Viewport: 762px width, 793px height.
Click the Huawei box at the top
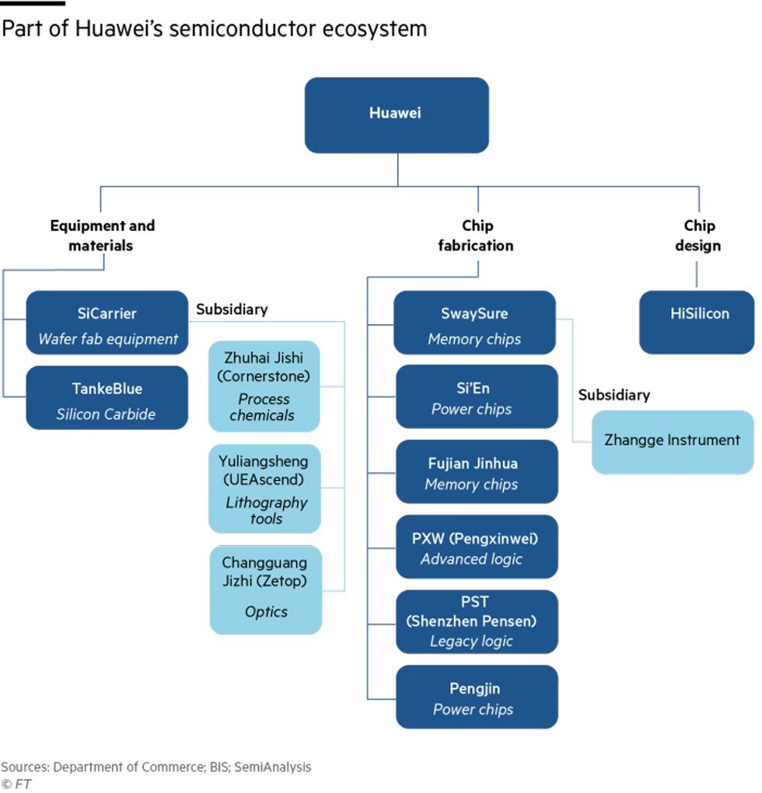coord(396,114)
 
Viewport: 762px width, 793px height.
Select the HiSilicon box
coord(696,322)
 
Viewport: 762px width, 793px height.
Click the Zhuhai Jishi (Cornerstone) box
coord(264,386)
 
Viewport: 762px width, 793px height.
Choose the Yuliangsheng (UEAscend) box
coord(264,489)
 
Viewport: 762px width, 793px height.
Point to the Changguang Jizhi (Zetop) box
coord(265,589)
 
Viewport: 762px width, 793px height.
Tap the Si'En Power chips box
coord(476,396)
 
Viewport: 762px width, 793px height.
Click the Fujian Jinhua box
coord(476,472)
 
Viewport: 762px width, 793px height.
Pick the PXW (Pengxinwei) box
coord(476,547)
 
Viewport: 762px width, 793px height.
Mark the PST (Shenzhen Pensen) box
coord(476,621)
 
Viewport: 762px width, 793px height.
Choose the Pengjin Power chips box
coord(476,697)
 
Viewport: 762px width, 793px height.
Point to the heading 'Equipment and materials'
coord(102,236)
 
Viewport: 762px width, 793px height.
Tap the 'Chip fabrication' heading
coord(475,236)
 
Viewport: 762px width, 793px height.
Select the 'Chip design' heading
coord(698,236)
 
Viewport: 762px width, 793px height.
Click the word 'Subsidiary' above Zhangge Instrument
coord(613,395)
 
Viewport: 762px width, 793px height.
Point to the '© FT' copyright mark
coord(16,784)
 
